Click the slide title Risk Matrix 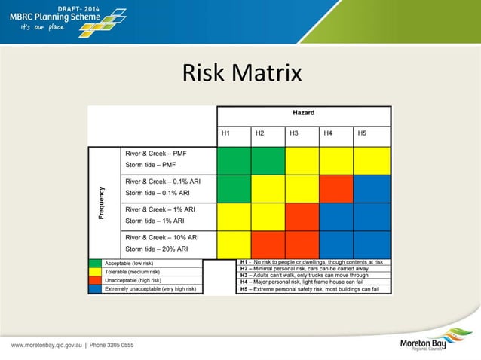[241, 73]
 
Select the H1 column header [225, 134]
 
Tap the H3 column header [293, 134]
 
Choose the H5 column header [362, 134]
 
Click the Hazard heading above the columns [304, 113]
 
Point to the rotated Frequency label [102, 203]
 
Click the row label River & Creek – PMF [156, 153]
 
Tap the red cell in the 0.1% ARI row [336, 188]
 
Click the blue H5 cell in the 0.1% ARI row [371, 188]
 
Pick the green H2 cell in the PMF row [268, 160]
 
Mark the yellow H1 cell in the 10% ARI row [234, 244]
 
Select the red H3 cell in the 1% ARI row [302, 216]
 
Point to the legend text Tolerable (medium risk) [136, 272]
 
